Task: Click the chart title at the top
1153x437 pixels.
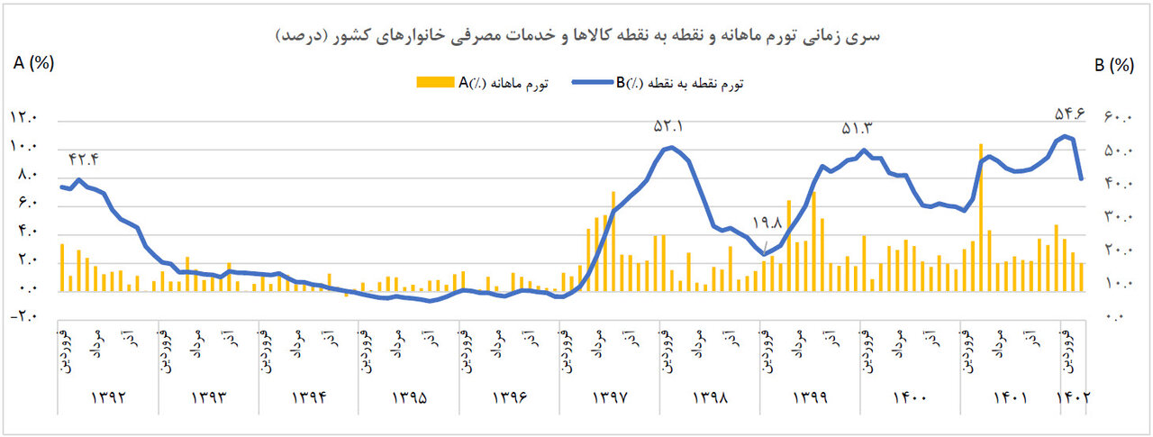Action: [576, 36]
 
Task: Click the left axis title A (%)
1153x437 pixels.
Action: [33, 64]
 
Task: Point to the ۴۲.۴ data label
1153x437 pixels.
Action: [84, 159]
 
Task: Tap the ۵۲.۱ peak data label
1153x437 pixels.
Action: [668, 127]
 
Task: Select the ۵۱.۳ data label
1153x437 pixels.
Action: [858, 128]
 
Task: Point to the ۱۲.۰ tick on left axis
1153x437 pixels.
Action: [24, 117]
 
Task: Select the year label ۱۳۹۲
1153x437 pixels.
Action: [107, 396]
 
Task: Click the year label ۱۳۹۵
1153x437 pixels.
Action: [408, 396]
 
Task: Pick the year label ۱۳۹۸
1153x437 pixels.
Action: [710, 396]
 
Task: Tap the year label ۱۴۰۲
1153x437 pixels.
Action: [1074, 396]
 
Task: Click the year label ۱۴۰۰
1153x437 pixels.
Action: [911, 396]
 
